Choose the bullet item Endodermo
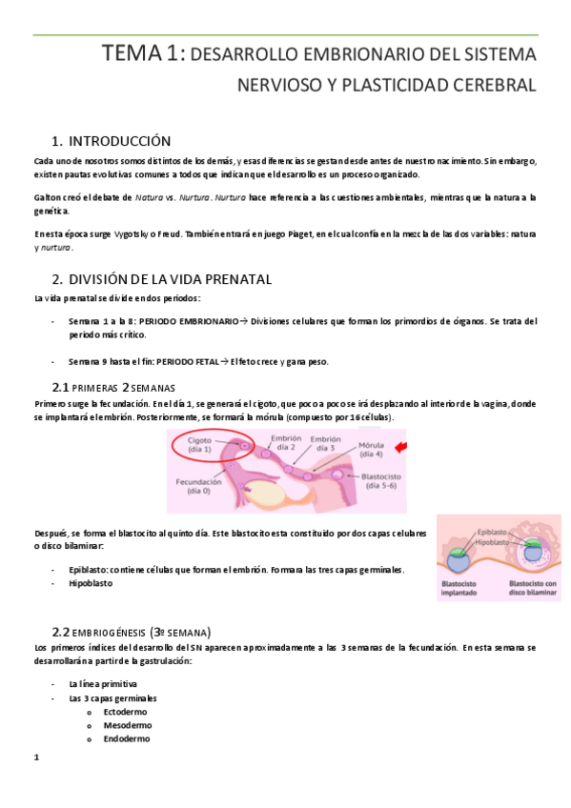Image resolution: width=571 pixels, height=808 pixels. pyautogui.click(x=125, y=738)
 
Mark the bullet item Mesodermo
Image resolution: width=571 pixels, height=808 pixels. pyautogui.click(x=125, y=725)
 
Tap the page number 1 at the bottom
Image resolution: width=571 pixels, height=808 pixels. pyautogui.click(x=35, y=757)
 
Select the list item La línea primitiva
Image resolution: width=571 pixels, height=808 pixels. pyautogui.click(x=102, y=684)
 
